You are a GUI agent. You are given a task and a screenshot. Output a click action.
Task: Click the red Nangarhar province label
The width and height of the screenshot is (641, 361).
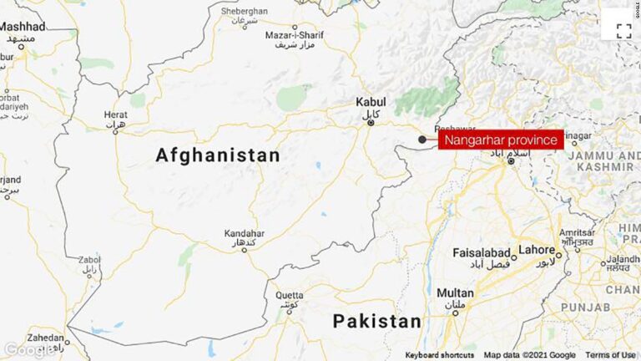[501, 140]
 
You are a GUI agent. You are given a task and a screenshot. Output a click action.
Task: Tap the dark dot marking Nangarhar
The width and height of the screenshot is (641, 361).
[422, 140]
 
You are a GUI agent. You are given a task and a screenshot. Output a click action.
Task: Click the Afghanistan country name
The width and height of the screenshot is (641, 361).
[218, 155]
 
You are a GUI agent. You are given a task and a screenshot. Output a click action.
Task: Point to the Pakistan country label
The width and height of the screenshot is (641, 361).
[377, 321]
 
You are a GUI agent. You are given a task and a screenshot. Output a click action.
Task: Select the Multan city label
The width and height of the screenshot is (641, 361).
[455, 293]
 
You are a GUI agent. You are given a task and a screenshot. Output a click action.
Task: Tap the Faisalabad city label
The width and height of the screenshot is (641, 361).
[482, 251]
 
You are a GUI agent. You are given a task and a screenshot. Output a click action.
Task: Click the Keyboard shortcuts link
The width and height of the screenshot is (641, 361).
[439, 355]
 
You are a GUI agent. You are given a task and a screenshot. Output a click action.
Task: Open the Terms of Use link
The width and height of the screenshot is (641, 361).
[609, 355]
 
